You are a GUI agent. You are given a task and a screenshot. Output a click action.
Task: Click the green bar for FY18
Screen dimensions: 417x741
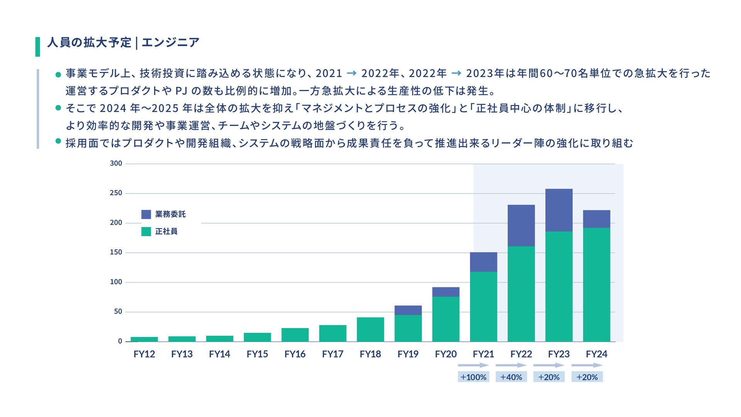[370, 329]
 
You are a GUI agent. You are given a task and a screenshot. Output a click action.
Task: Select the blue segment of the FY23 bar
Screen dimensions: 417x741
[559, 210]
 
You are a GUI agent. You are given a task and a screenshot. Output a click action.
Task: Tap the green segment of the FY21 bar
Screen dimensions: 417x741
[484, 307]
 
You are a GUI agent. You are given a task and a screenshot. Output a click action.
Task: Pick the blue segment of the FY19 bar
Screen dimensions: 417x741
[408, 310]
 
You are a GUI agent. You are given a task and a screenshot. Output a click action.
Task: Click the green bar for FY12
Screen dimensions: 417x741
[144, 339]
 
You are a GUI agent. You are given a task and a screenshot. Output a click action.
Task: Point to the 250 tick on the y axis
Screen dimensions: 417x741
[116, 193]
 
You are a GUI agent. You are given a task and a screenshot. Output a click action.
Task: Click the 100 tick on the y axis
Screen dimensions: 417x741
[116, 282]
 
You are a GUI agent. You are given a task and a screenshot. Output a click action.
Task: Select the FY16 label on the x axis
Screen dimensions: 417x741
[295, 354]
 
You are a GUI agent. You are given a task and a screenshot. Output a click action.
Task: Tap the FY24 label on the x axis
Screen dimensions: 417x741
[596, 354]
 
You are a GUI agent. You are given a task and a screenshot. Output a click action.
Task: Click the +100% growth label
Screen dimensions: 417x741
[474, 377]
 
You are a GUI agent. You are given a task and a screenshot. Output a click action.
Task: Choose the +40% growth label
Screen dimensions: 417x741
[511, 377]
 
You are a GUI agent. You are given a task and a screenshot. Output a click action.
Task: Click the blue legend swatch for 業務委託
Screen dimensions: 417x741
[146, 214]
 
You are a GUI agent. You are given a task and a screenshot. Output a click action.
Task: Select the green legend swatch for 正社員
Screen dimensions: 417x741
[146, 231]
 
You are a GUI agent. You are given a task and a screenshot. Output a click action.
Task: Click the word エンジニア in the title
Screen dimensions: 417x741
[171, 42]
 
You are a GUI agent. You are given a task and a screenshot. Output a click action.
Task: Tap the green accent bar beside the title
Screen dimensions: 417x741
[38, 47]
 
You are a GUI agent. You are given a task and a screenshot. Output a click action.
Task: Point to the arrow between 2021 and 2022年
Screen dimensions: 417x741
[352, 73]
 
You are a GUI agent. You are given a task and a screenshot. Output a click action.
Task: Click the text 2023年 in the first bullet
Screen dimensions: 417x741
[485, 73]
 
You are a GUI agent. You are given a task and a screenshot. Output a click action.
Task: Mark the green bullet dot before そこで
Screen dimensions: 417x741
[58, 108]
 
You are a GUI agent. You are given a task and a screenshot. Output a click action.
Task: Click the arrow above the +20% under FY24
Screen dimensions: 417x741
[587, 365]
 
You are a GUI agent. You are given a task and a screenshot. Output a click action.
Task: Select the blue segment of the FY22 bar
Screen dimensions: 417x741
[521, 225]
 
